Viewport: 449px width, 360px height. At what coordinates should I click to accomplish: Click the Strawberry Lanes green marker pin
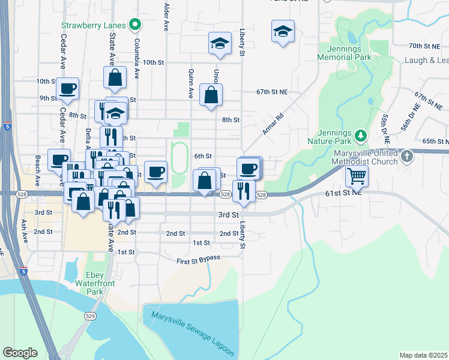[136, 25]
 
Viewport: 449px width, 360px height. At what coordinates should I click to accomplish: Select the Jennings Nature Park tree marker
[360, 135]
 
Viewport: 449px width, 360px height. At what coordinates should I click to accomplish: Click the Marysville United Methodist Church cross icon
[407, 157]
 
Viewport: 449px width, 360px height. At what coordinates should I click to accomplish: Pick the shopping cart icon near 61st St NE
[357, 176]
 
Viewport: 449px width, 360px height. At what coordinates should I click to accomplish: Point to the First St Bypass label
[198, 259]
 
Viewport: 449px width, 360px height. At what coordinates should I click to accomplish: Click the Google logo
[20, 353]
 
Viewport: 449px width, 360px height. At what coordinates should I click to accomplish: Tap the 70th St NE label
[424, 46]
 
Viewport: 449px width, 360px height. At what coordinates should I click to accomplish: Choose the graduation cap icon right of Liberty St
[283, 32]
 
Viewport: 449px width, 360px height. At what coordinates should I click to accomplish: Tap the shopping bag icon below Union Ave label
[211, 94]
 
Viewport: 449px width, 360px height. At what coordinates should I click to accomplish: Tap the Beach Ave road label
[37, 169]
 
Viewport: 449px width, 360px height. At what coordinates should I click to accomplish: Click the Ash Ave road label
[25, 230]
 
